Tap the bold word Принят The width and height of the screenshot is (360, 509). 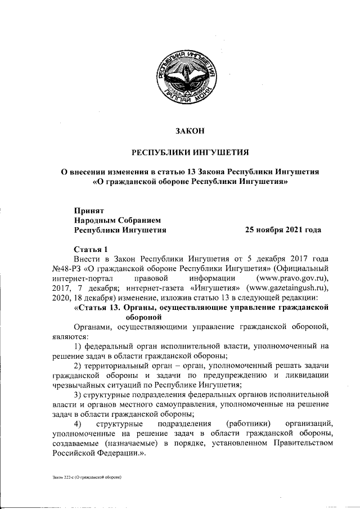pyautogui.click(x=89, y=209)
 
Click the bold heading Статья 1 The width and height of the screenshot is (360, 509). pyautogui.click(x=91, y=249)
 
